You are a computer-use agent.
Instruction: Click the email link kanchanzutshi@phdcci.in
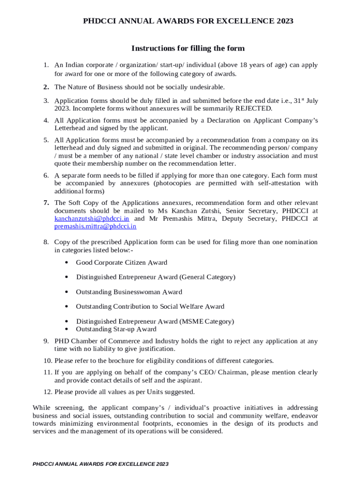(92, 218)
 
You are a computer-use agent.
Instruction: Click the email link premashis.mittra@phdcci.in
(95, 226)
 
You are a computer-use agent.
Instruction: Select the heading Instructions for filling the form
(188, 49)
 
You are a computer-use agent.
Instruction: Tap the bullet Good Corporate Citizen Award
(122, 263)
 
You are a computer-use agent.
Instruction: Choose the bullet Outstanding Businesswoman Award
(129, 292)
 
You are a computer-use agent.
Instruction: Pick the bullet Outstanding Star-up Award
(116, 329)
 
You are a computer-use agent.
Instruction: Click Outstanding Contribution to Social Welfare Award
(150, 307)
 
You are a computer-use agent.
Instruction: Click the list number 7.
(46, 203)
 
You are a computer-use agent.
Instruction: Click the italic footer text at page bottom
(101, 464)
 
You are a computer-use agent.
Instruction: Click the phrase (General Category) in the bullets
(208, 277)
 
